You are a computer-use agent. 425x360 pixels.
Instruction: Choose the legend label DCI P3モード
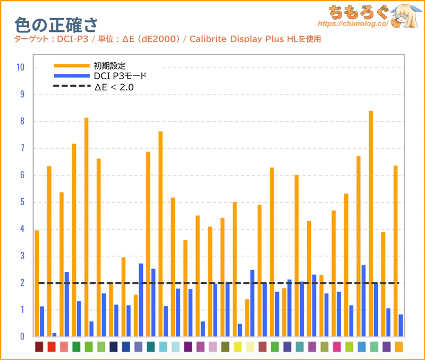[x=120, y=76]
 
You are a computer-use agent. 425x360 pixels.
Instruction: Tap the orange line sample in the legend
[x=72, y=65]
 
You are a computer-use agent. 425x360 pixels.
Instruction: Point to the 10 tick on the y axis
[x=21, y=68]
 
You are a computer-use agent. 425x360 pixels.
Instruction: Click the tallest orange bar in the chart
[x=371, y=223]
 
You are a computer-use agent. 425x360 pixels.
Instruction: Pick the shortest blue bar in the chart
[x=54, y=334]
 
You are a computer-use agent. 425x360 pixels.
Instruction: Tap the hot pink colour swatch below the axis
[x=337, y=347]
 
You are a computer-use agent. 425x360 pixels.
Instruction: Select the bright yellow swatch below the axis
[x=237, y=347]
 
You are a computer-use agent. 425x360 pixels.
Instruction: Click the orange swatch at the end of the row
[x=398, y=347]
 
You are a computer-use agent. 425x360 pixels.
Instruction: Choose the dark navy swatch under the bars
[x=113, y=347]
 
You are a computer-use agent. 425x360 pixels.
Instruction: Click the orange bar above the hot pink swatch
[x=334, y=273]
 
